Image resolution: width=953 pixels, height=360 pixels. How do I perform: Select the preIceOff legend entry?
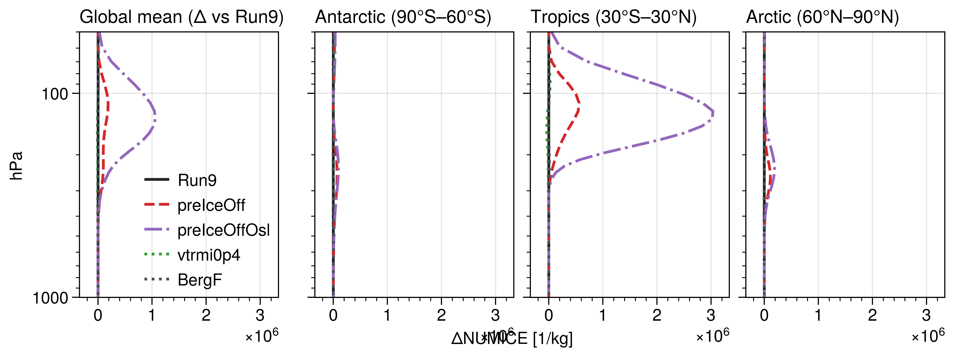pyautogui.click(x=211, y=205)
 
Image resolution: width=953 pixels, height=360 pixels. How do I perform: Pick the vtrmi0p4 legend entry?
pyautogui.click(x=209, y=255)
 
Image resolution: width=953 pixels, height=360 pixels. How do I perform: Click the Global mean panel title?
pyautogui.click(x=181, y=17)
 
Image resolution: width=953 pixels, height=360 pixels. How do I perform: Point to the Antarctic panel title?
pyautogui.click(x=403, y=17)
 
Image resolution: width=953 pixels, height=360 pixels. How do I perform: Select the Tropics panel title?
pyautogui.click(x=613, y=17)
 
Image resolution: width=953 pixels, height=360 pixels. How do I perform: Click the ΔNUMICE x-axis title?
pyautogui.click(x=512, y=338)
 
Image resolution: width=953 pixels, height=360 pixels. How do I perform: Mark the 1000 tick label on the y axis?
pyautogui.click(x=51, y=298)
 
